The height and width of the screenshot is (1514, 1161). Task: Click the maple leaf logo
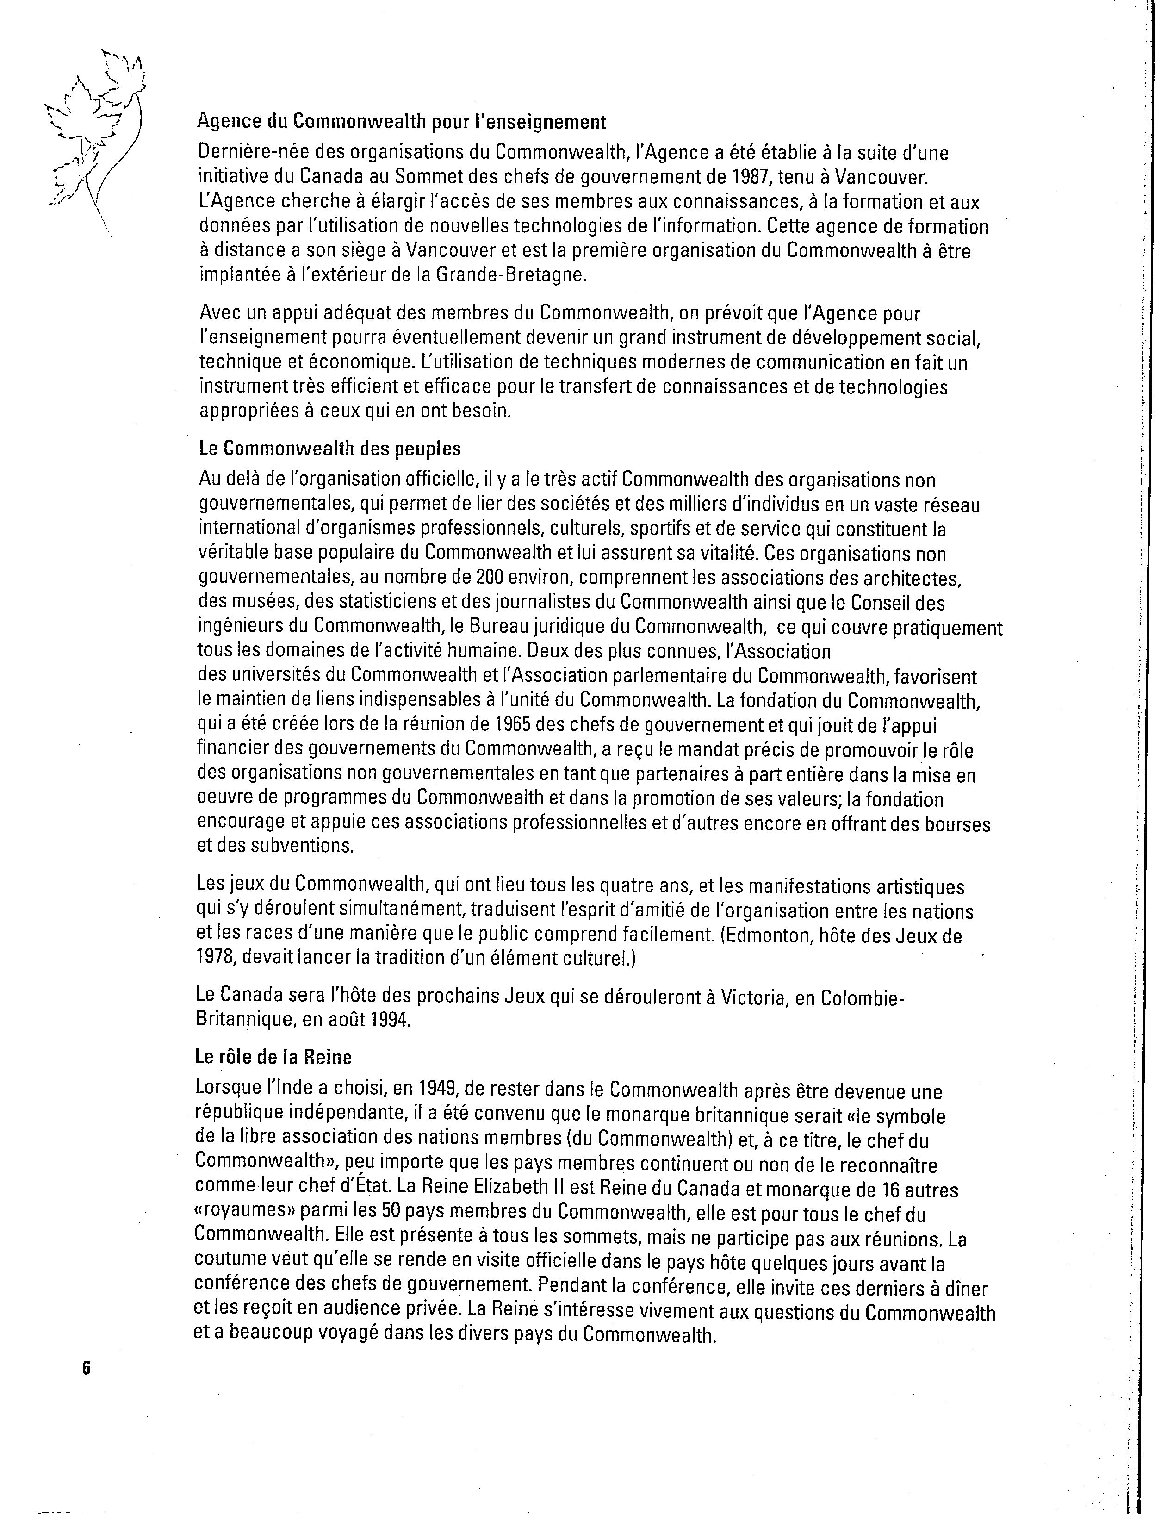[97, 138]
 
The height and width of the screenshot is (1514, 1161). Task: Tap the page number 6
[87, 1367]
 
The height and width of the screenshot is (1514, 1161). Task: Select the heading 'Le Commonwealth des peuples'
[329, 449]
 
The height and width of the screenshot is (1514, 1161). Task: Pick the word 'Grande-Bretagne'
[511, 275]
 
